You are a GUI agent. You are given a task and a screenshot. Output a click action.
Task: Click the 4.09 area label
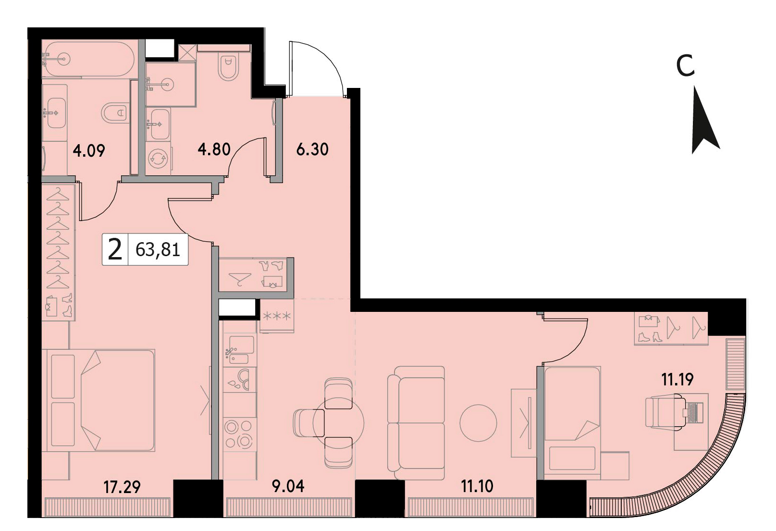pyautogui.click(x=89, y=151)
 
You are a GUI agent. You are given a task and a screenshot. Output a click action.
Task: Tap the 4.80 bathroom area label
pyautogui.click(x=214, y=149)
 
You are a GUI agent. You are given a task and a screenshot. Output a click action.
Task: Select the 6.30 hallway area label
pyautogui.click(x=312, y=149)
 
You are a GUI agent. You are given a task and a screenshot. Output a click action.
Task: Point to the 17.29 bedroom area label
pyautogui.click(x=122, y=487)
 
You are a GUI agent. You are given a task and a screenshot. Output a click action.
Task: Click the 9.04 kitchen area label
pyautogui.click(x=288, y=486)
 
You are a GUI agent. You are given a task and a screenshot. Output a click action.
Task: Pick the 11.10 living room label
pyautogui.click(x=477, y=486)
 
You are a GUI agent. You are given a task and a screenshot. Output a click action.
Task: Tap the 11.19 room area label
pyautogui.click(x=677, y=379)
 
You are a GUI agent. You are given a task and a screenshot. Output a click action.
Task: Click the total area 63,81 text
pyautogui.click(x=158, y=249)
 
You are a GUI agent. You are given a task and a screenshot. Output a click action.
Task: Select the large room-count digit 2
pyautogui.click(x=115, y=249)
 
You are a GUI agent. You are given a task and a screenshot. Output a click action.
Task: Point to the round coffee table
pyautogui.click(x=478, y=423)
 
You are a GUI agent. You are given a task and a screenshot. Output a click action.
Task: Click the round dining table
pyautogui.click(x=338, y=423)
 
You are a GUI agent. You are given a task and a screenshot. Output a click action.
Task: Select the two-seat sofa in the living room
pyautogui.click(x=416, y=423)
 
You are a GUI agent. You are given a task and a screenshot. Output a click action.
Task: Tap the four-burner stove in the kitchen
pyautogui.click(x=239, y=434)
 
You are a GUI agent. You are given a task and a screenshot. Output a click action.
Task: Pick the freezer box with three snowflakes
pyautogui.click(x=276, y=316)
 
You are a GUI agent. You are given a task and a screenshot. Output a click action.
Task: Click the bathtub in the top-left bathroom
pyautogui.click(x=88, y=59)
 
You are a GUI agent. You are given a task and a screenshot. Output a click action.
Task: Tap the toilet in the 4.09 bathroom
pyautogui.click(x=114, y=112)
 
